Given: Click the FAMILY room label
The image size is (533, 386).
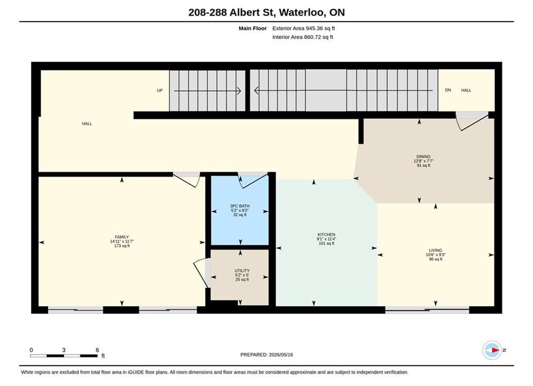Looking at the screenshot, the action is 122,237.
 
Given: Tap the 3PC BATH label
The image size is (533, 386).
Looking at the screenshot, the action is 239,206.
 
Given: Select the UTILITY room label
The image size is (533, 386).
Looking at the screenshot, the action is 242,271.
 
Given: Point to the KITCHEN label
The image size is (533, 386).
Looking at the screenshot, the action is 326,235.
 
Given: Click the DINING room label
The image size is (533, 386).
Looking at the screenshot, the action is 424,157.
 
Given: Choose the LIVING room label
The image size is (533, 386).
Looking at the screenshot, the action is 436,250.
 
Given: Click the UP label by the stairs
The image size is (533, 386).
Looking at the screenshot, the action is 160,91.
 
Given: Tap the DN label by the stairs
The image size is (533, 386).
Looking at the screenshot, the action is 448,90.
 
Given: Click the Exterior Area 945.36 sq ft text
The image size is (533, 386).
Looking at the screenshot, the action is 304,28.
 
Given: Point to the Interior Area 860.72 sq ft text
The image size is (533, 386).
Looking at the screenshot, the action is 303,37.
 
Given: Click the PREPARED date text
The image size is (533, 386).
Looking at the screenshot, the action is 267,355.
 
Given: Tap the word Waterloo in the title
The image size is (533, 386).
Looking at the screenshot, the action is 303,12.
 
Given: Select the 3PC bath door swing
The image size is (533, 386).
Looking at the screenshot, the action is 253,180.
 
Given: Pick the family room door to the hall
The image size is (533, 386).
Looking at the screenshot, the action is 186,179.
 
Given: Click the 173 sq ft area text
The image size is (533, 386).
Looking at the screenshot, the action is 122,246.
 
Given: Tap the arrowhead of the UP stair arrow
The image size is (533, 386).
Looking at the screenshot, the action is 239,91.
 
